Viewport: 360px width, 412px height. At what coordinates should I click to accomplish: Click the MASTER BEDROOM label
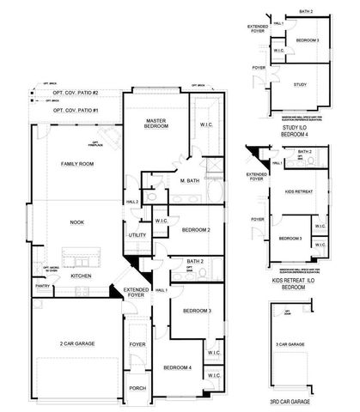(x=156, y=123)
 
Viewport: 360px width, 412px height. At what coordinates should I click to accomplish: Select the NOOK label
(x=76, y=222)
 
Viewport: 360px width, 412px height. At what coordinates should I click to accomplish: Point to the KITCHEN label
(x=82, y=276)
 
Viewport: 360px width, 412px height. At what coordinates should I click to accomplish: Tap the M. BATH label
(x=190, y=181)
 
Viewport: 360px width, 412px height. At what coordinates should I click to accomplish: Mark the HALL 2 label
(x=133, y=202)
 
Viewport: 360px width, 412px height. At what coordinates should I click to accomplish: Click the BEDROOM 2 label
(x=196, y=229)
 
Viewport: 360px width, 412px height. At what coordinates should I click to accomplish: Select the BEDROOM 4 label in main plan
(x=178, y=367)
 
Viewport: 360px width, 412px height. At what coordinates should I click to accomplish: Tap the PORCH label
(x=137, y=386)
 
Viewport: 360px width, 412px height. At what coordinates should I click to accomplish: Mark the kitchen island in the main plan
(x=80, y=257)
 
